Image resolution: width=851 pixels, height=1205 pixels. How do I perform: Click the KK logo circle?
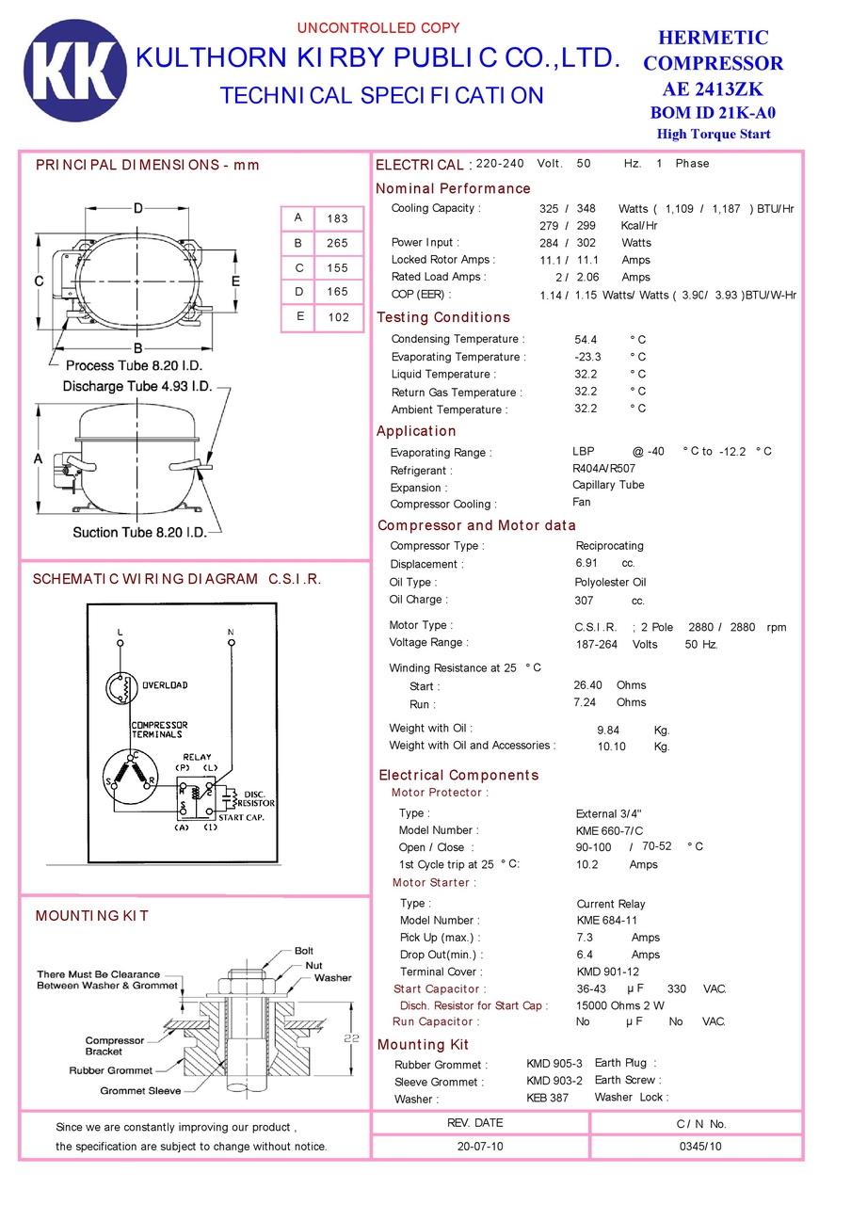point(74,71)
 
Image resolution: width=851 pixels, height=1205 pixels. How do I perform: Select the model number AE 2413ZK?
point(713,89)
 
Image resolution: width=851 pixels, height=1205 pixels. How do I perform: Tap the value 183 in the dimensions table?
point(338,218)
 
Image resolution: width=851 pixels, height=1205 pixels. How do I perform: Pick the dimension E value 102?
point(338,317)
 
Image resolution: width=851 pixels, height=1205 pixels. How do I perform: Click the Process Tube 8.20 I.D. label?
point(134,364)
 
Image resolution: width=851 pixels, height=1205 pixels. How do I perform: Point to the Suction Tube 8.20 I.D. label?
point(139,533)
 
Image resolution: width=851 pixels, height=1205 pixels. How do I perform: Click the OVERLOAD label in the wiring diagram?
point(165,685)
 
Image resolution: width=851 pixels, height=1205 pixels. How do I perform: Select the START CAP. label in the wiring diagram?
point(242,817)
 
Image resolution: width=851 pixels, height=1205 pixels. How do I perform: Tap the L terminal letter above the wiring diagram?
point(120,630)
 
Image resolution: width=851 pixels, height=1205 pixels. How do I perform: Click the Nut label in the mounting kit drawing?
point(313,965)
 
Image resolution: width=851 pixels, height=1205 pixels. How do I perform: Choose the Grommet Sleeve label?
point(140,1091)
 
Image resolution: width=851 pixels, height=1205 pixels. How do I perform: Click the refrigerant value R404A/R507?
point(603,468)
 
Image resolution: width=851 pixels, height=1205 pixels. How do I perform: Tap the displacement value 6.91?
point(586,562)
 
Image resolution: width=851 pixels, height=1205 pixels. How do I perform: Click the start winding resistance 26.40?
point(588,685)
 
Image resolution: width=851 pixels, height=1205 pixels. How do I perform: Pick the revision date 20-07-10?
point(480,1147)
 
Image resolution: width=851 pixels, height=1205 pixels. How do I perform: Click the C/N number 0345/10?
point(700,1147)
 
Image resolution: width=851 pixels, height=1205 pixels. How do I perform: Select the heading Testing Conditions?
point(442,317)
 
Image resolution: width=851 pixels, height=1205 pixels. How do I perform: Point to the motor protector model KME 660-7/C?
point(609,830)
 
